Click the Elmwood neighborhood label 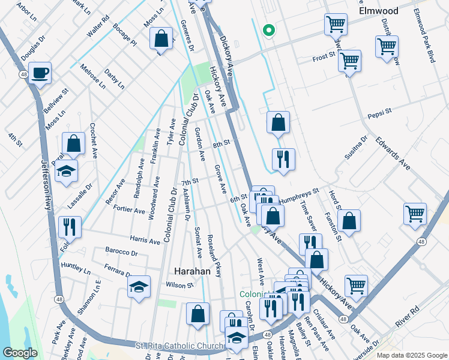click(378, 11)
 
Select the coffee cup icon click(40, 73)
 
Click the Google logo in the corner click(20, 353)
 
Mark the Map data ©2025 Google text click(411, 355)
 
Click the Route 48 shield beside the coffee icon click(23, 74)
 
